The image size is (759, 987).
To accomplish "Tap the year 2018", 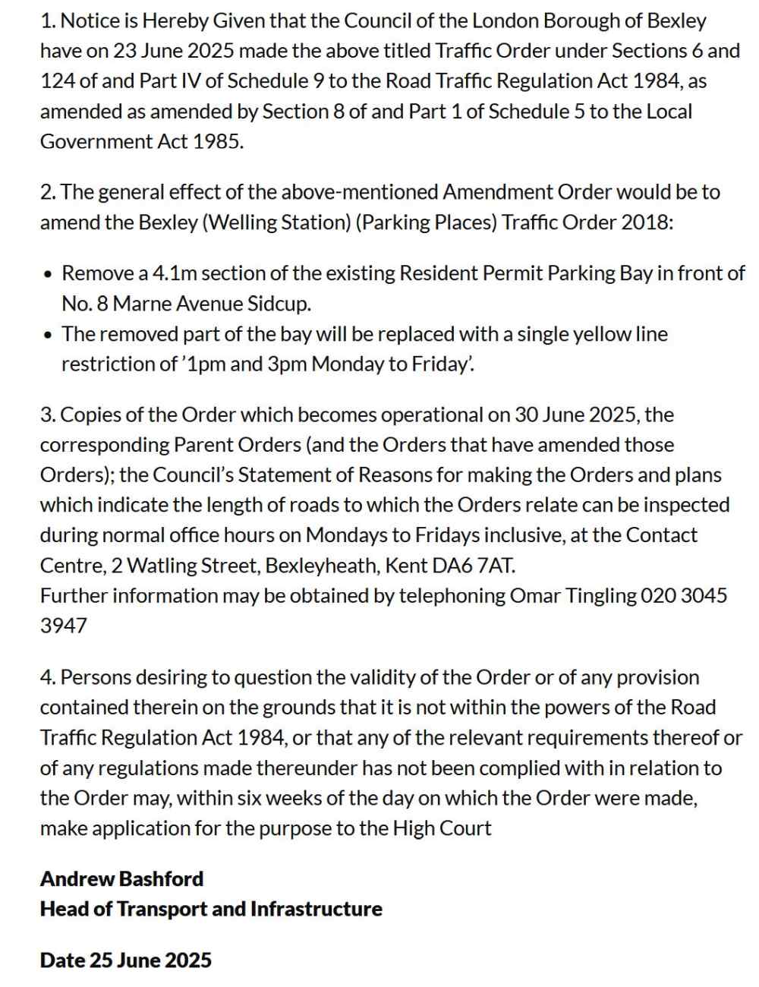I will [646, 222].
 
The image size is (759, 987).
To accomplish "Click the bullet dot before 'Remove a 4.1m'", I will [49, 274].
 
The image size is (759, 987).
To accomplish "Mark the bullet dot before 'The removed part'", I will [49, 335].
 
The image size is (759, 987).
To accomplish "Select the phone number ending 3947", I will [64, 626].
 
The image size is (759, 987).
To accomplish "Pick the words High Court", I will [442, 828].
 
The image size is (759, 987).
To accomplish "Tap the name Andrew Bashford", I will [122, 879].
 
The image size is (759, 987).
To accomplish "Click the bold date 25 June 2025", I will [150, 960].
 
